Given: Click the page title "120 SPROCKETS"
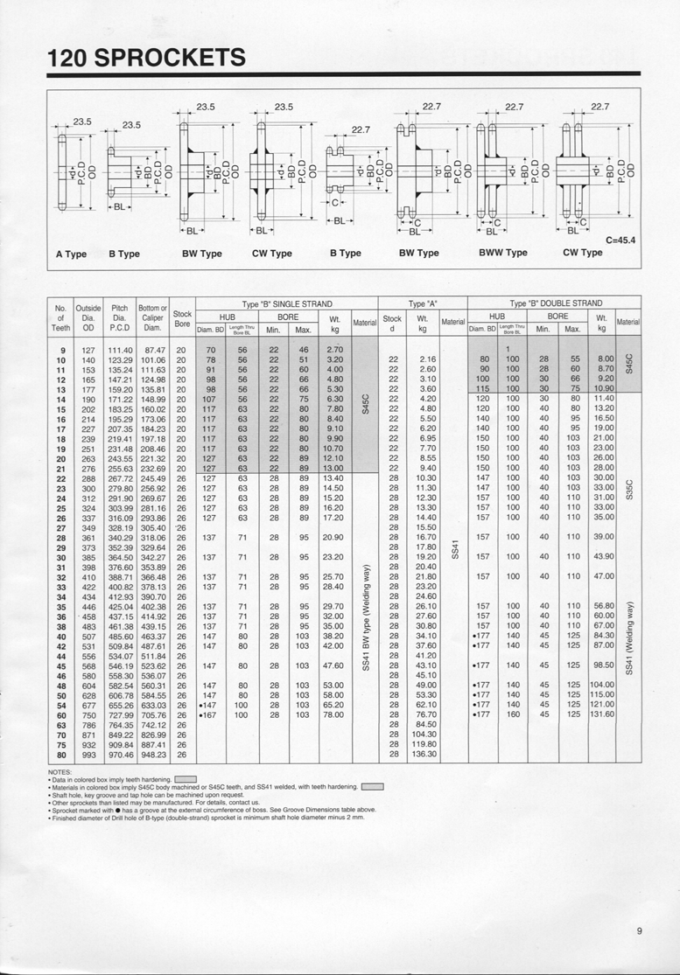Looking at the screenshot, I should coord(147,58).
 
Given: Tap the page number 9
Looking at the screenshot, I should coord(640,931).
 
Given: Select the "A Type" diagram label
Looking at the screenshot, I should coord(71,254).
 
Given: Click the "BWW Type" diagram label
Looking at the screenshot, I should coord(503,253).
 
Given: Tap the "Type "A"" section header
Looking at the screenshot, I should coord(423,303).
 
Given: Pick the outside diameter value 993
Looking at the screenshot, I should coord(88,754).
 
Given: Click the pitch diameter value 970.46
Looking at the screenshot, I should coord(120,754).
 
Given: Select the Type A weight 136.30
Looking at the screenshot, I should coord(424,754).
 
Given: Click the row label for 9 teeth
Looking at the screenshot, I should coord(61,350).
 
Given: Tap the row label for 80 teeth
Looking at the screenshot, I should coord(61,754).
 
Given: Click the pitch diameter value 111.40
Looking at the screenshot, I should coord(120,350).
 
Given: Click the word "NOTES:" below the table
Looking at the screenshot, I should coord(60,772).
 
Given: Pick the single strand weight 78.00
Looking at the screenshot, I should coord(334,714).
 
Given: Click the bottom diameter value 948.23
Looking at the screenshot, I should coord(153,754).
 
